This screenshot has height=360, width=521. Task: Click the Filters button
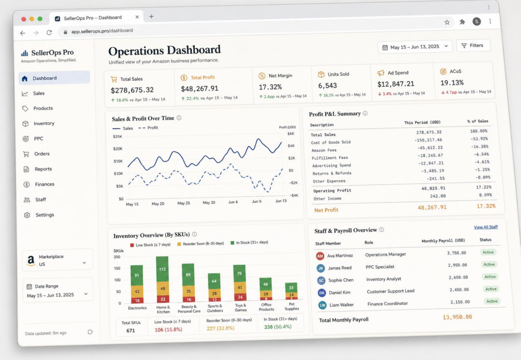(473, 45)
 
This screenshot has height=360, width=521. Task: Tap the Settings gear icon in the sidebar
(27, 215)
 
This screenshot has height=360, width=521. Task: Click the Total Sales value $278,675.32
(132, 90)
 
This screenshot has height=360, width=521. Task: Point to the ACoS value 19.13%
(452, 82)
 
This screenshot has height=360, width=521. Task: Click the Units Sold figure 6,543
(327, 86)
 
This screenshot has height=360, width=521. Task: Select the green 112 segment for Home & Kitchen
(162, 269)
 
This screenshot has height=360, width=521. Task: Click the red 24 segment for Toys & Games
(240, 297)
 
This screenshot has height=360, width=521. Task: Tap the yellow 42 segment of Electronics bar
(137, 292)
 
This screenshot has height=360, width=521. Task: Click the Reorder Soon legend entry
(200, 244)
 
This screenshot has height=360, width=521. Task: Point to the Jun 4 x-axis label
(233, 202)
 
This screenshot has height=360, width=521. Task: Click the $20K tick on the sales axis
(118, 149)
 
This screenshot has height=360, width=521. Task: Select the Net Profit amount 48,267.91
(432, 207)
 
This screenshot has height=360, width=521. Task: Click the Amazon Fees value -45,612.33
(430, 148)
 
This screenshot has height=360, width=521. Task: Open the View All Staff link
(486, 227)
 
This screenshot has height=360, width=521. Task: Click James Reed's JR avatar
(321, 268)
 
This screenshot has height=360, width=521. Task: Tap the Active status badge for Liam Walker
(492, 301)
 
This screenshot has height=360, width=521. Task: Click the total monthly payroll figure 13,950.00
(457, 317)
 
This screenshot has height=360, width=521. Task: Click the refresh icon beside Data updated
(90, 332)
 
